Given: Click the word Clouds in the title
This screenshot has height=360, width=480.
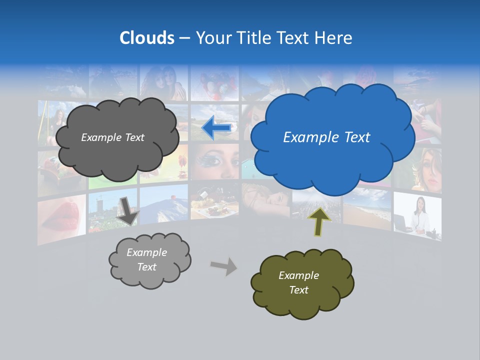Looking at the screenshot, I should (x=147, y=37).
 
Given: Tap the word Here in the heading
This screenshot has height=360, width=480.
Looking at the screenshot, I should (x=333, y=37).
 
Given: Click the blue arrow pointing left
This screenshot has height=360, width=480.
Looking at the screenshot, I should (x=217, y=128).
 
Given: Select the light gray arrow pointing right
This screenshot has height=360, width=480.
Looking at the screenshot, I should (x=223, y=266).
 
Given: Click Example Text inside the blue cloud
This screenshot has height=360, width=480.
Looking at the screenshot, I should (x=326, y=137).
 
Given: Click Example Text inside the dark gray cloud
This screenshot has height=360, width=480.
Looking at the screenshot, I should (x=112, y=137).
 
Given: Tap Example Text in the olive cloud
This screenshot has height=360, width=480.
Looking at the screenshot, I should (x=298, y=282).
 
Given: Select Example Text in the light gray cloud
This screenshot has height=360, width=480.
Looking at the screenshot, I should (x=146, y=259).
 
